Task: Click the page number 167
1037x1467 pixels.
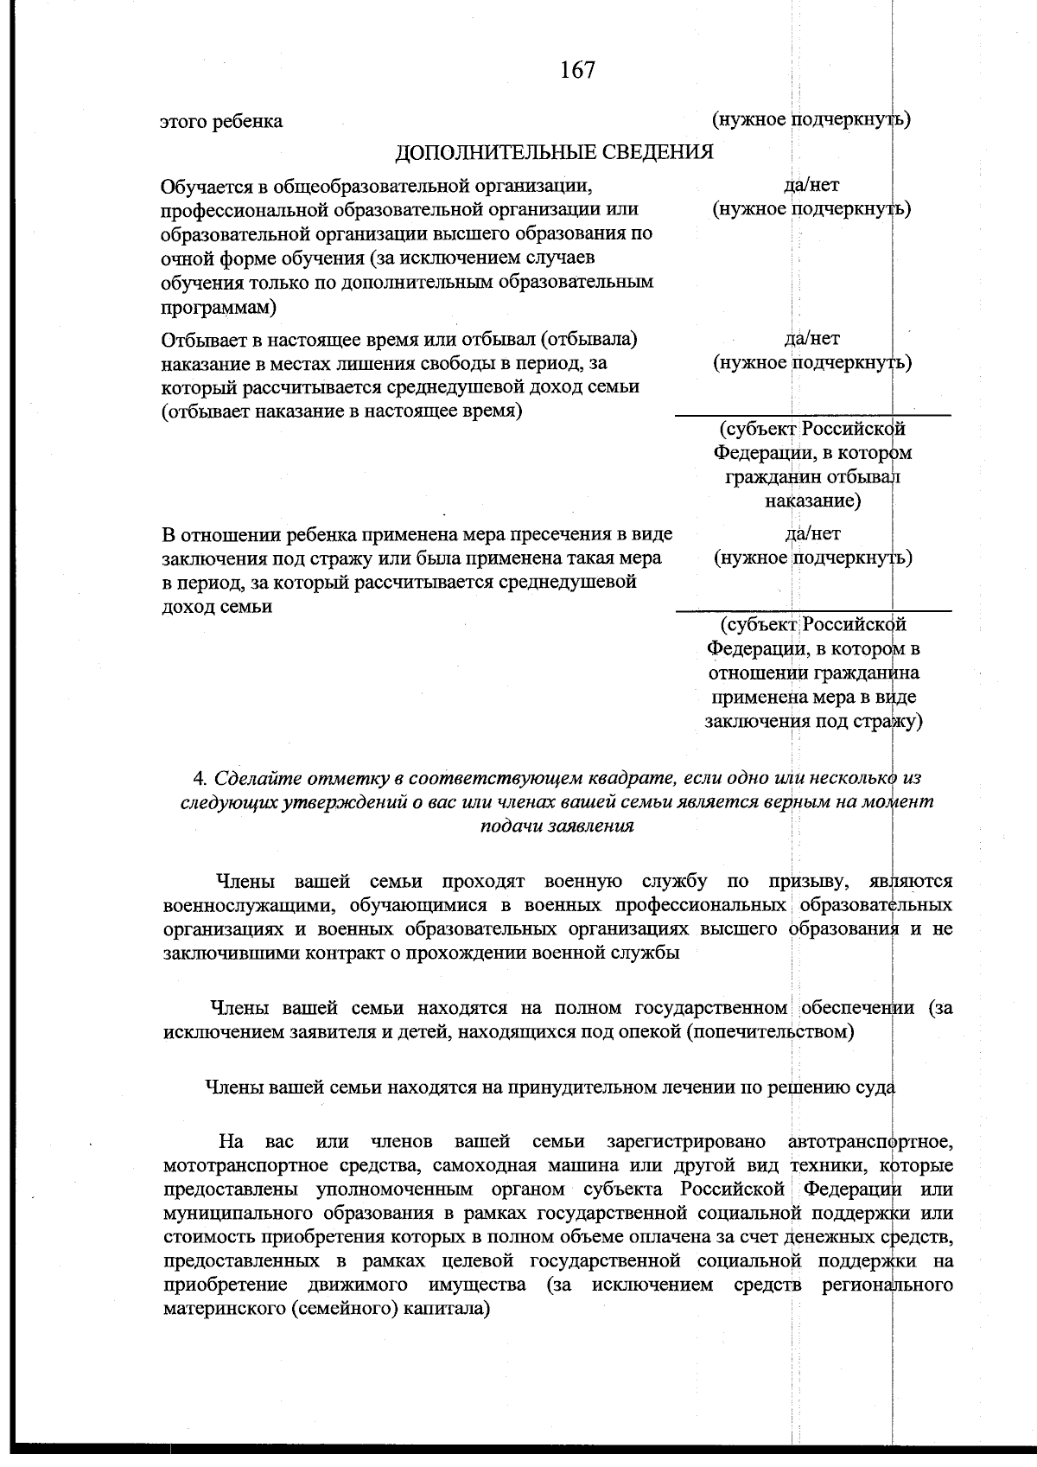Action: (x=577, y=70)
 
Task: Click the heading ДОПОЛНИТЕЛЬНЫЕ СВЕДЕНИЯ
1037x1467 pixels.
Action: (x=554, y=153)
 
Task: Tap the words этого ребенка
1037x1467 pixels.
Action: (x=221, y=121)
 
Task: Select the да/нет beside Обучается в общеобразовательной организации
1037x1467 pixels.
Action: (x=811, y=185)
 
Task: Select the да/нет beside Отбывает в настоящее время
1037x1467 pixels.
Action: (x=811, y=339)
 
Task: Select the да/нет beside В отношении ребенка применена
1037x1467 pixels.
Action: (x=811, y=533)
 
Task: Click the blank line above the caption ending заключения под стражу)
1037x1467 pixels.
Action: (x=812, y=610)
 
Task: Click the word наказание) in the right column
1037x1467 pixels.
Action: (x=811, y=501)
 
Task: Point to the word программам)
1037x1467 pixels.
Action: (x=219, y=307)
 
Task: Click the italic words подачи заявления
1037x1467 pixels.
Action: (x=557, y=826)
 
